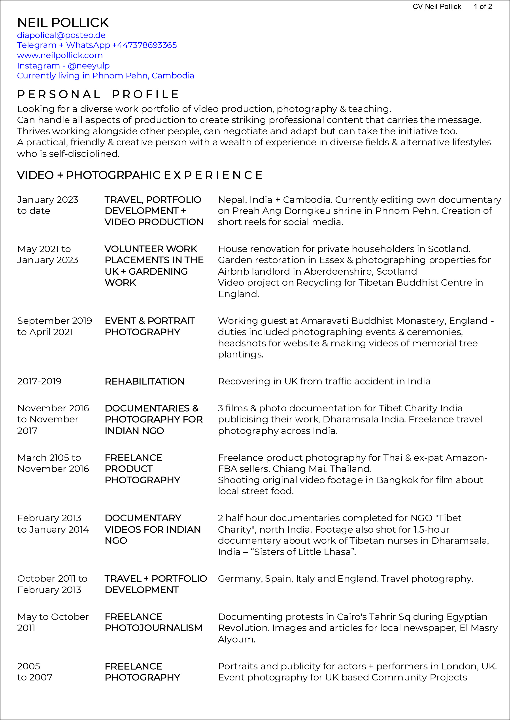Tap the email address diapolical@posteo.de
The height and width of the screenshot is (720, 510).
click(61, 35)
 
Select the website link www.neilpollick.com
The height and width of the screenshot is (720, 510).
click(60, 55)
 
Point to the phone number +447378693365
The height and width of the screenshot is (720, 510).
click(144, 45)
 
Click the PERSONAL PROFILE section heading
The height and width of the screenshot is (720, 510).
click(98, 94)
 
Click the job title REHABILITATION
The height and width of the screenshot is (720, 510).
click(144, 381)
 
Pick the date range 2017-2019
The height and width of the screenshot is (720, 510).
click(39, 381)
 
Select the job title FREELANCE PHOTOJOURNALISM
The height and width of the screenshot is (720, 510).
click(153, 622)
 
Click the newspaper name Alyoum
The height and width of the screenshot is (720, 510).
click(236, 639)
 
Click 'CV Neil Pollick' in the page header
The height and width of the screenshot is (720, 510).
click(436, 7)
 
